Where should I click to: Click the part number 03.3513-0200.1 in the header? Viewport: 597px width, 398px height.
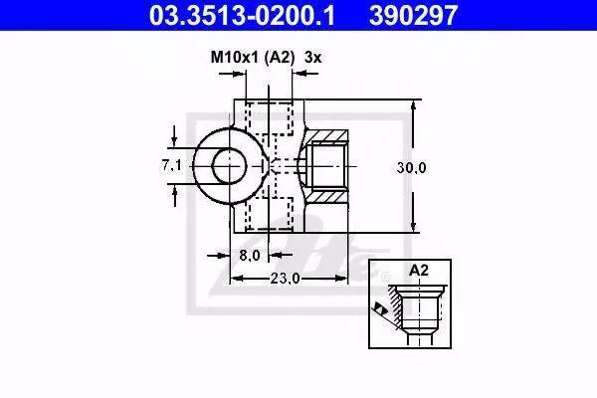[x=242, y=15]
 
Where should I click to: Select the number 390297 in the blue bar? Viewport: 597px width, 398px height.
[x=413, y=15]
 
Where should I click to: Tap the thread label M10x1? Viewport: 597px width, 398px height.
[x=235, y=58]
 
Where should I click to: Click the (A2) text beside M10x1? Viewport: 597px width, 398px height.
[x=280, y=58]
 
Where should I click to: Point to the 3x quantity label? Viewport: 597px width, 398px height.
[x=312, y=58]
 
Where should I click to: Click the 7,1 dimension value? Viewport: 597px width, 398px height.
[x=172, y=165]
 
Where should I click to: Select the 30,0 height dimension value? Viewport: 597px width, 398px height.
[x=411, y=167]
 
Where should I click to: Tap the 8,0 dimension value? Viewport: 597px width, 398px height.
[x=250, y=255]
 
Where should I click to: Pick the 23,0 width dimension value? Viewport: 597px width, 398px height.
[x=286, y=279]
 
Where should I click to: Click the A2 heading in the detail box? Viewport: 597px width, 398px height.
[x=419, y=271]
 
